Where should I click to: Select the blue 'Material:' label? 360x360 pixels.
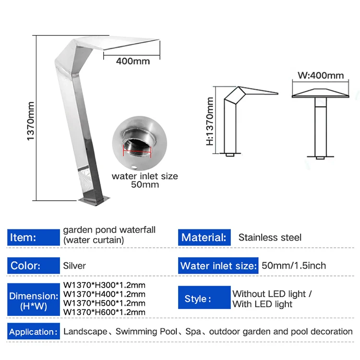[x=204, y=238]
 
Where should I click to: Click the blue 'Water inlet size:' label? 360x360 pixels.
[x=218, y=266]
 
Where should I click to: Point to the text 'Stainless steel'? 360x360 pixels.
[x=270, y=238]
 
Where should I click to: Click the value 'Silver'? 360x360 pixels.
[x=74, y=265]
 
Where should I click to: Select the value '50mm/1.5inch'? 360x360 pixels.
[x=294, y=265]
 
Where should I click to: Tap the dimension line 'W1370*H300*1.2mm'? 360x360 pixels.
[x=104, y=285]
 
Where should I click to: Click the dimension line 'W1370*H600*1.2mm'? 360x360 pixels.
[x=104, y=312]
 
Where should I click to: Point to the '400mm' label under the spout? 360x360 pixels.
[x=132, y=61]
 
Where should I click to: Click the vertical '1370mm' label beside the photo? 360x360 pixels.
[x=30, y=120]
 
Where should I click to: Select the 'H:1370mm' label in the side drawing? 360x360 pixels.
[x=210, y=121]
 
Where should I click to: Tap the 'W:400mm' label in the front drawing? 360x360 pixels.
[x=321, y=75]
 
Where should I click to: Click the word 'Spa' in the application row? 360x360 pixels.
[x=194, y=332]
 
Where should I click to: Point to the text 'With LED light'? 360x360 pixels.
[x=262, y=304]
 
